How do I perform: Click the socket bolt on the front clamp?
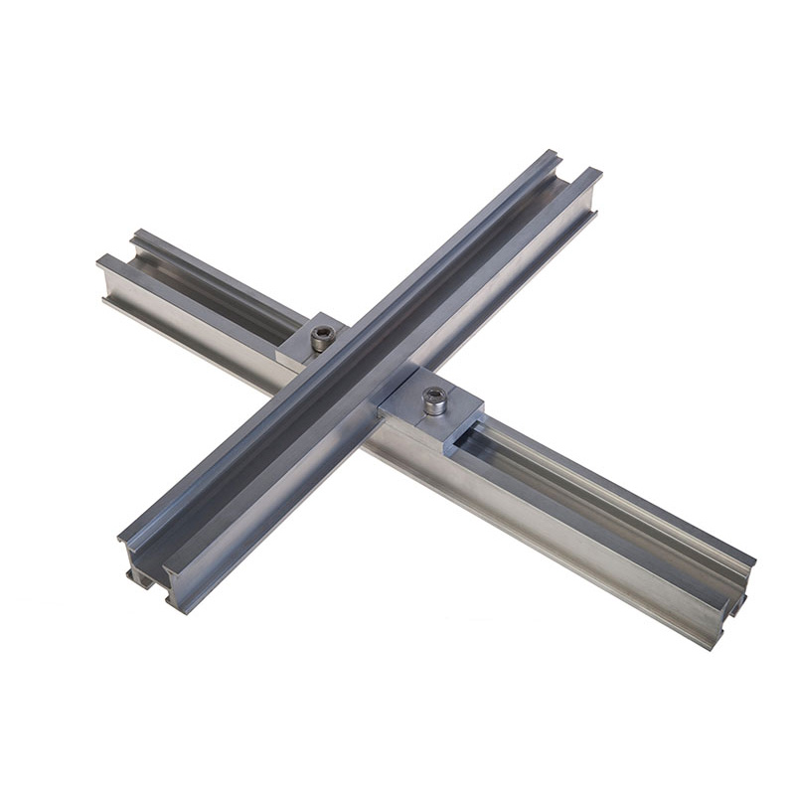434,399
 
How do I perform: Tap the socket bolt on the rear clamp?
321,338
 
